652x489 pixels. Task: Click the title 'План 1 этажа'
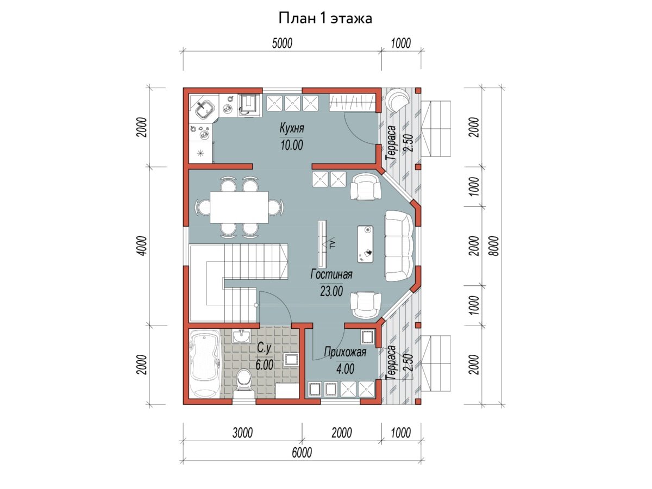click(x=325, y=18)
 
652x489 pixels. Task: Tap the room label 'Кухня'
click(x=292, y=128)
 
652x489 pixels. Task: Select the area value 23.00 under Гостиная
click(x=331, y=291)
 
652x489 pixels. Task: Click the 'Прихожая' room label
click(x=345, y=352)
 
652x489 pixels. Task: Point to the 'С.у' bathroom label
click(x=264, y=348)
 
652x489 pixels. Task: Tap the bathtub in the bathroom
click(x=204, y=363)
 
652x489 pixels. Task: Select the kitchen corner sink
click(x=205, y=109)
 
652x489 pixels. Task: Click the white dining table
click(x=239, y=207)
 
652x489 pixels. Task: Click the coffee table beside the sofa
click(x=365, y=244)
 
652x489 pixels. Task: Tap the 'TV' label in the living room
click(x=333, y=244)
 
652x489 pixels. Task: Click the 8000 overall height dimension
click(x=493, y=246)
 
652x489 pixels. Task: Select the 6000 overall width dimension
click(x=302, y=453)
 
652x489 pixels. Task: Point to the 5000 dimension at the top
click(x=282, y=43)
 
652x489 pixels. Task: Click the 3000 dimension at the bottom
click(x=242, y=433)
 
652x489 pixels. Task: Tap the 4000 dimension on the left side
click(x=142, y=246)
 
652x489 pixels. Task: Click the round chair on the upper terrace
click(x=397, y=99)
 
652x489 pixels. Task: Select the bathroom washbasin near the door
click(x=241, y=336)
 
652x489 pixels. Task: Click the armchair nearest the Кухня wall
click(x=365, y=187)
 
